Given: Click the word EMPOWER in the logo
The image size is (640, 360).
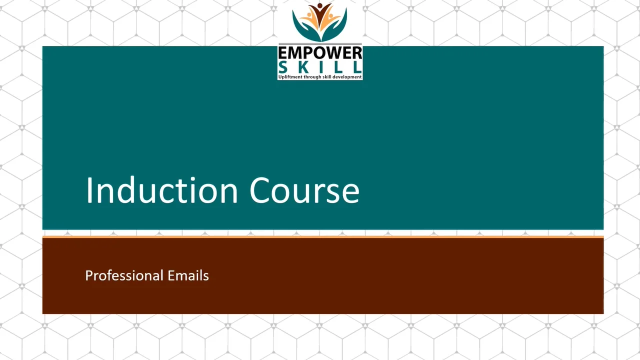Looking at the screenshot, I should point(320,53).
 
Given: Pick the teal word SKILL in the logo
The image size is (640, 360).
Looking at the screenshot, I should point(320,67).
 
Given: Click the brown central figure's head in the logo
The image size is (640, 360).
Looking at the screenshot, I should point(320,7).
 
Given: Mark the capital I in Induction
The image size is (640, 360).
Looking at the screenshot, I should point(89,190).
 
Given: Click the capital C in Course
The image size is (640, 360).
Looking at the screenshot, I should point(260,190).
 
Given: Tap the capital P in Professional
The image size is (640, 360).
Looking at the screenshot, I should point(88,275).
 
